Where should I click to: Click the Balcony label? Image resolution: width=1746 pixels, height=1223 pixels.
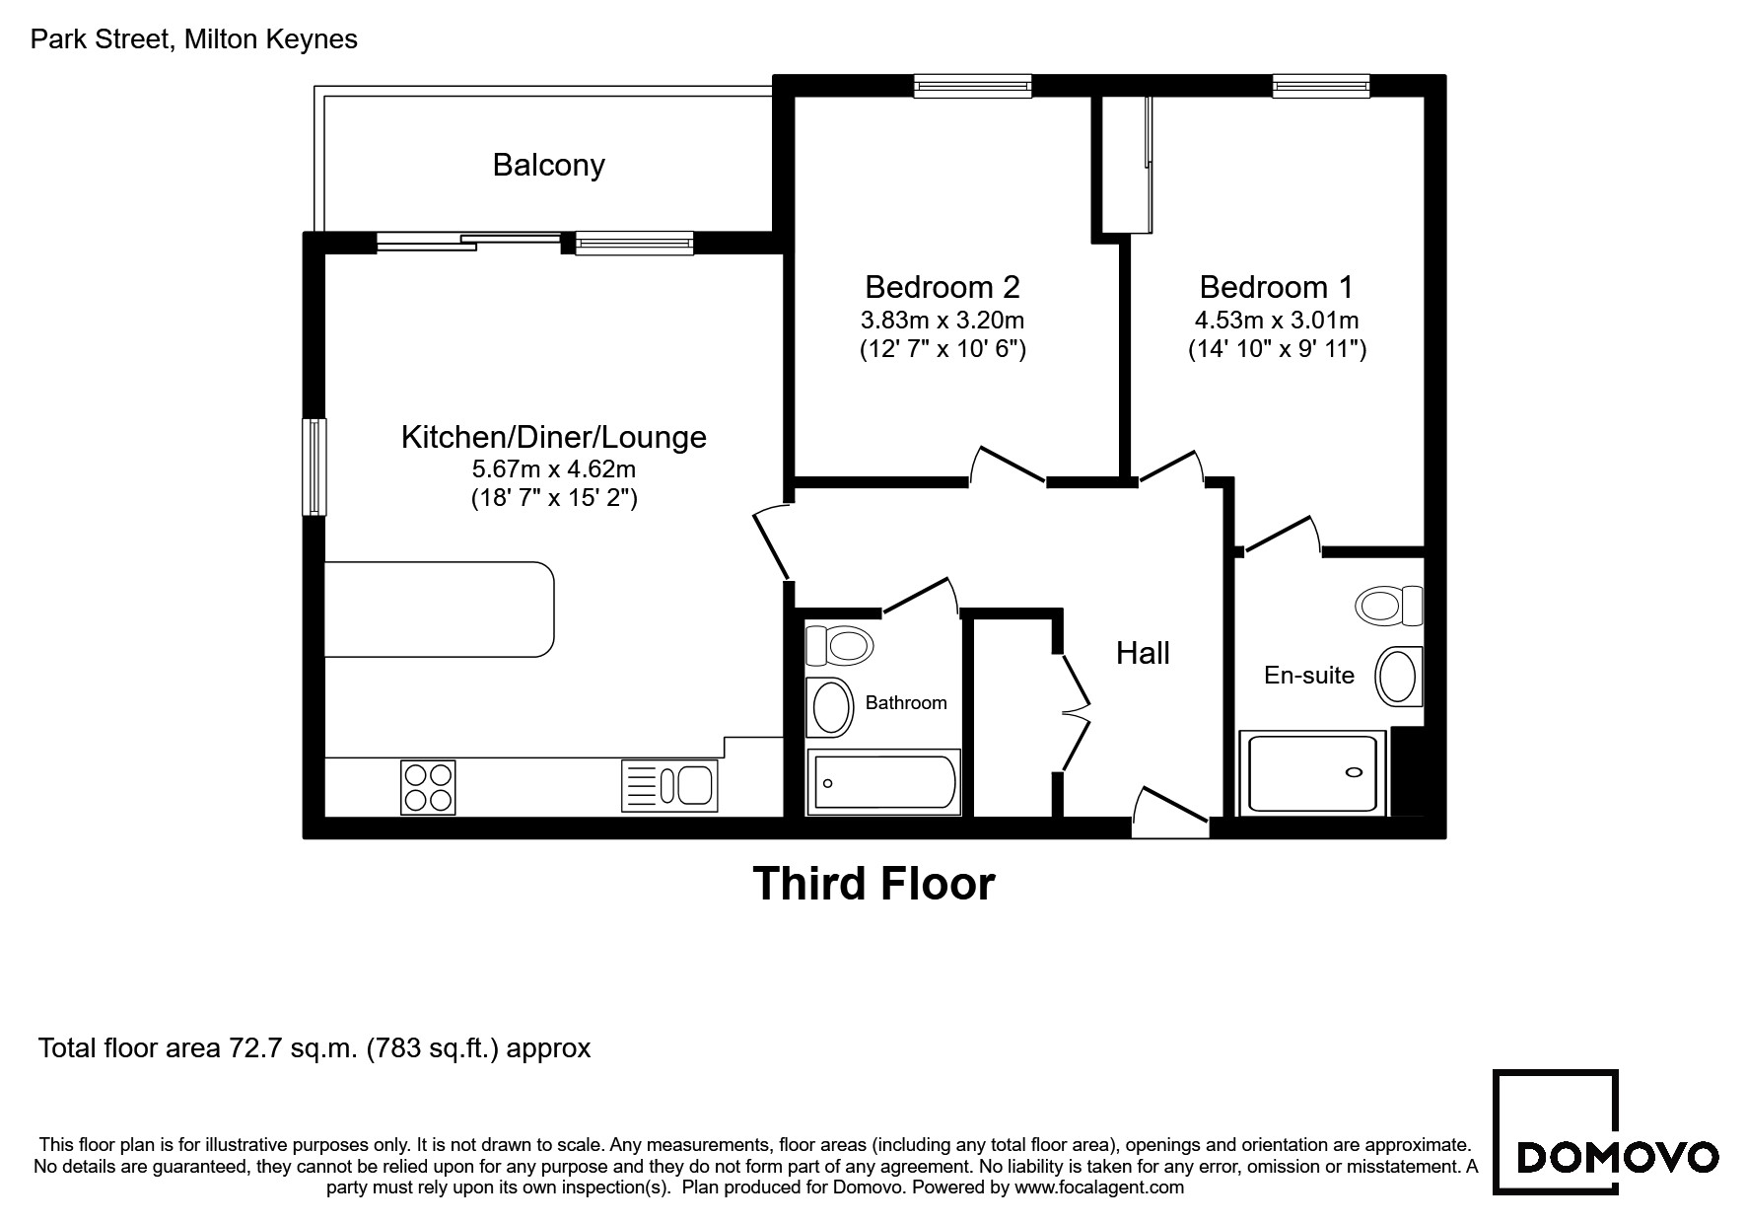tap(548, 165)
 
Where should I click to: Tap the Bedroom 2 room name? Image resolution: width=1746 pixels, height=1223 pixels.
tap(943, 287)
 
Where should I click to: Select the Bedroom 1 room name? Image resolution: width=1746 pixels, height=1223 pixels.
tap(1277, 287)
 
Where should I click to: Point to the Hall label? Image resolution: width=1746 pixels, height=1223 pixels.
tap(1143, 653)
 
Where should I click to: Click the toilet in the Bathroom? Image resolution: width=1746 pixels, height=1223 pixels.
tap(839, 647)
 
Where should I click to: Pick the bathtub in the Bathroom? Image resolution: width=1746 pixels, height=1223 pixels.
tap(883, 782)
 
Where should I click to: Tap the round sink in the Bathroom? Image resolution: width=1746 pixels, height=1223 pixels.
tap(830, 707)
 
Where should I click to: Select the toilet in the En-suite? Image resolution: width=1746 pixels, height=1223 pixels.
tap(1390, 605)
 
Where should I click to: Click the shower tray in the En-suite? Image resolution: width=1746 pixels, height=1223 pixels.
tap(1313, 774)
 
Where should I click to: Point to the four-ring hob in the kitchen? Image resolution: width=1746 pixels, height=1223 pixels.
tap(429, 787)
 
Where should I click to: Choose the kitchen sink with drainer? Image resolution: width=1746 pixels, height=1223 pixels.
tap(669, 786)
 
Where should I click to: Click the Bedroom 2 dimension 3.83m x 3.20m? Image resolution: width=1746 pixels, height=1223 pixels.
tap(943, 321)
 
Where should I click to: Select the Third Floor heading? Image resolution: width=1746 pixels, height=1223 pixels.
tap(873, 884)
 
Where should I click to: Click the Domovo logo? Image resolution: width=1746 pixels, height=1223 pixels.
tap(1605, 1132)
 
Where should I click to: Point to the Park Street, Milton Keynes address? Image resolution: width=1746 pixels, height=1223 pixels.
tap(194, 39)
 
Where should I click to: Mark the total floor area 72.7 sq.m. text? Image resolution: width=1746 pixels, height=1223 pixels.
tap(314, 1047)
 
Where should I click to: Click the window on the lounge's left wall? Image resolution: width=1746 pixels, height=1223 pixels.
tap(314, 467)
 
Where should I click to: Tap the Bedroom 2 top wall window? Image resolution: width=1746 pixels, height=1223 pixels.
tap(972, 87)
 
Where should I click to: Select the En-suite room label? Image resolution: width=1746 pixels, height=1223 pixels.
tap(1309, 676)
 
